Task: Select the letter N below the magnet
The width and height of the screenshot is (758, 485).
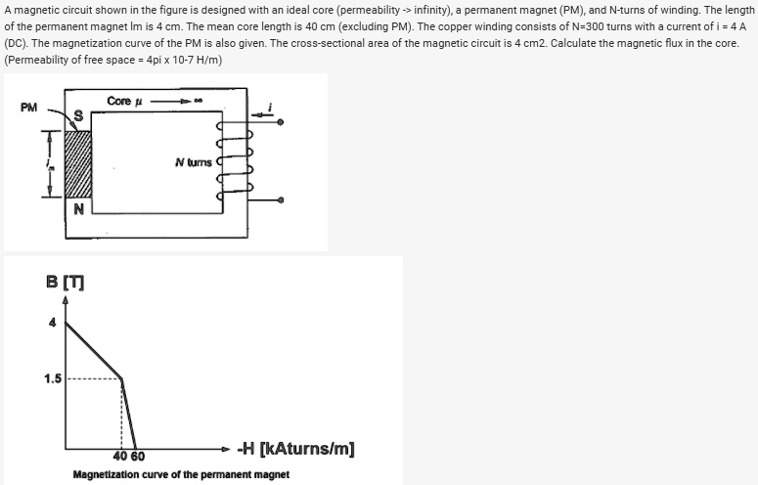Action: pyautogui.click(x=78, y=208)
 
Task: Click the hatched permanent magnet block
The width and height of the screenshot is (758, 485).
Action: pyautogui.click(x=78, y=163)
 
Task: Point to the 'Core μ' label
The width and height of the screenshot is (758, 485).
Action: pyautogui.click(x=125, y=101)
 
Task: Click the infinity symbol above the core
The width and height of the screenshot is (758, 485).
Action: pyautogui.click(x=199, y=101)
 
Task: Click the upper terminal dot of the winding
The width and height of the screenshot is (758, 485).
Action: pyautogui.click(x=282, y=123)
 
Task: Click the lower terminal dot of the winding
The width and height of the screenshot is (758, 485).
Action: pyautogui.click(x=282, y=199)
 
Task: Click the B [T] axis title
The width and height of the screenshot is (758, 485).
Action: pyautogui.click(x=65, y=283)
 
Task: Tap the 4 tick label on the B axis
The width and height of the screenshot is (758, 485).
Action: pyautogui.click(x=53, y=323)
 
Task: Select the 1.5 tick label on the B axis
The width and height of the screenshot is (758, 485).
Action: pyautogui.click(x=53, y=377)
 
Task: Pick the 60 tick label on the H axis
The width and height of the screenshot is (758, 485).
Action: pyautogui.click(x=137, y=457)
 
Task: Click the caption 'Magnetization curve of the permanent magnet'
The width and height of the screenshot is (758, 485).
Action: pyautogui.click(x=181, y=474)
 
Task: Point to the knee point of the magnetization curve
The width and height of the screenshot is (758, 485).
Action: pyautogui.click(x=122, y=378)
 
